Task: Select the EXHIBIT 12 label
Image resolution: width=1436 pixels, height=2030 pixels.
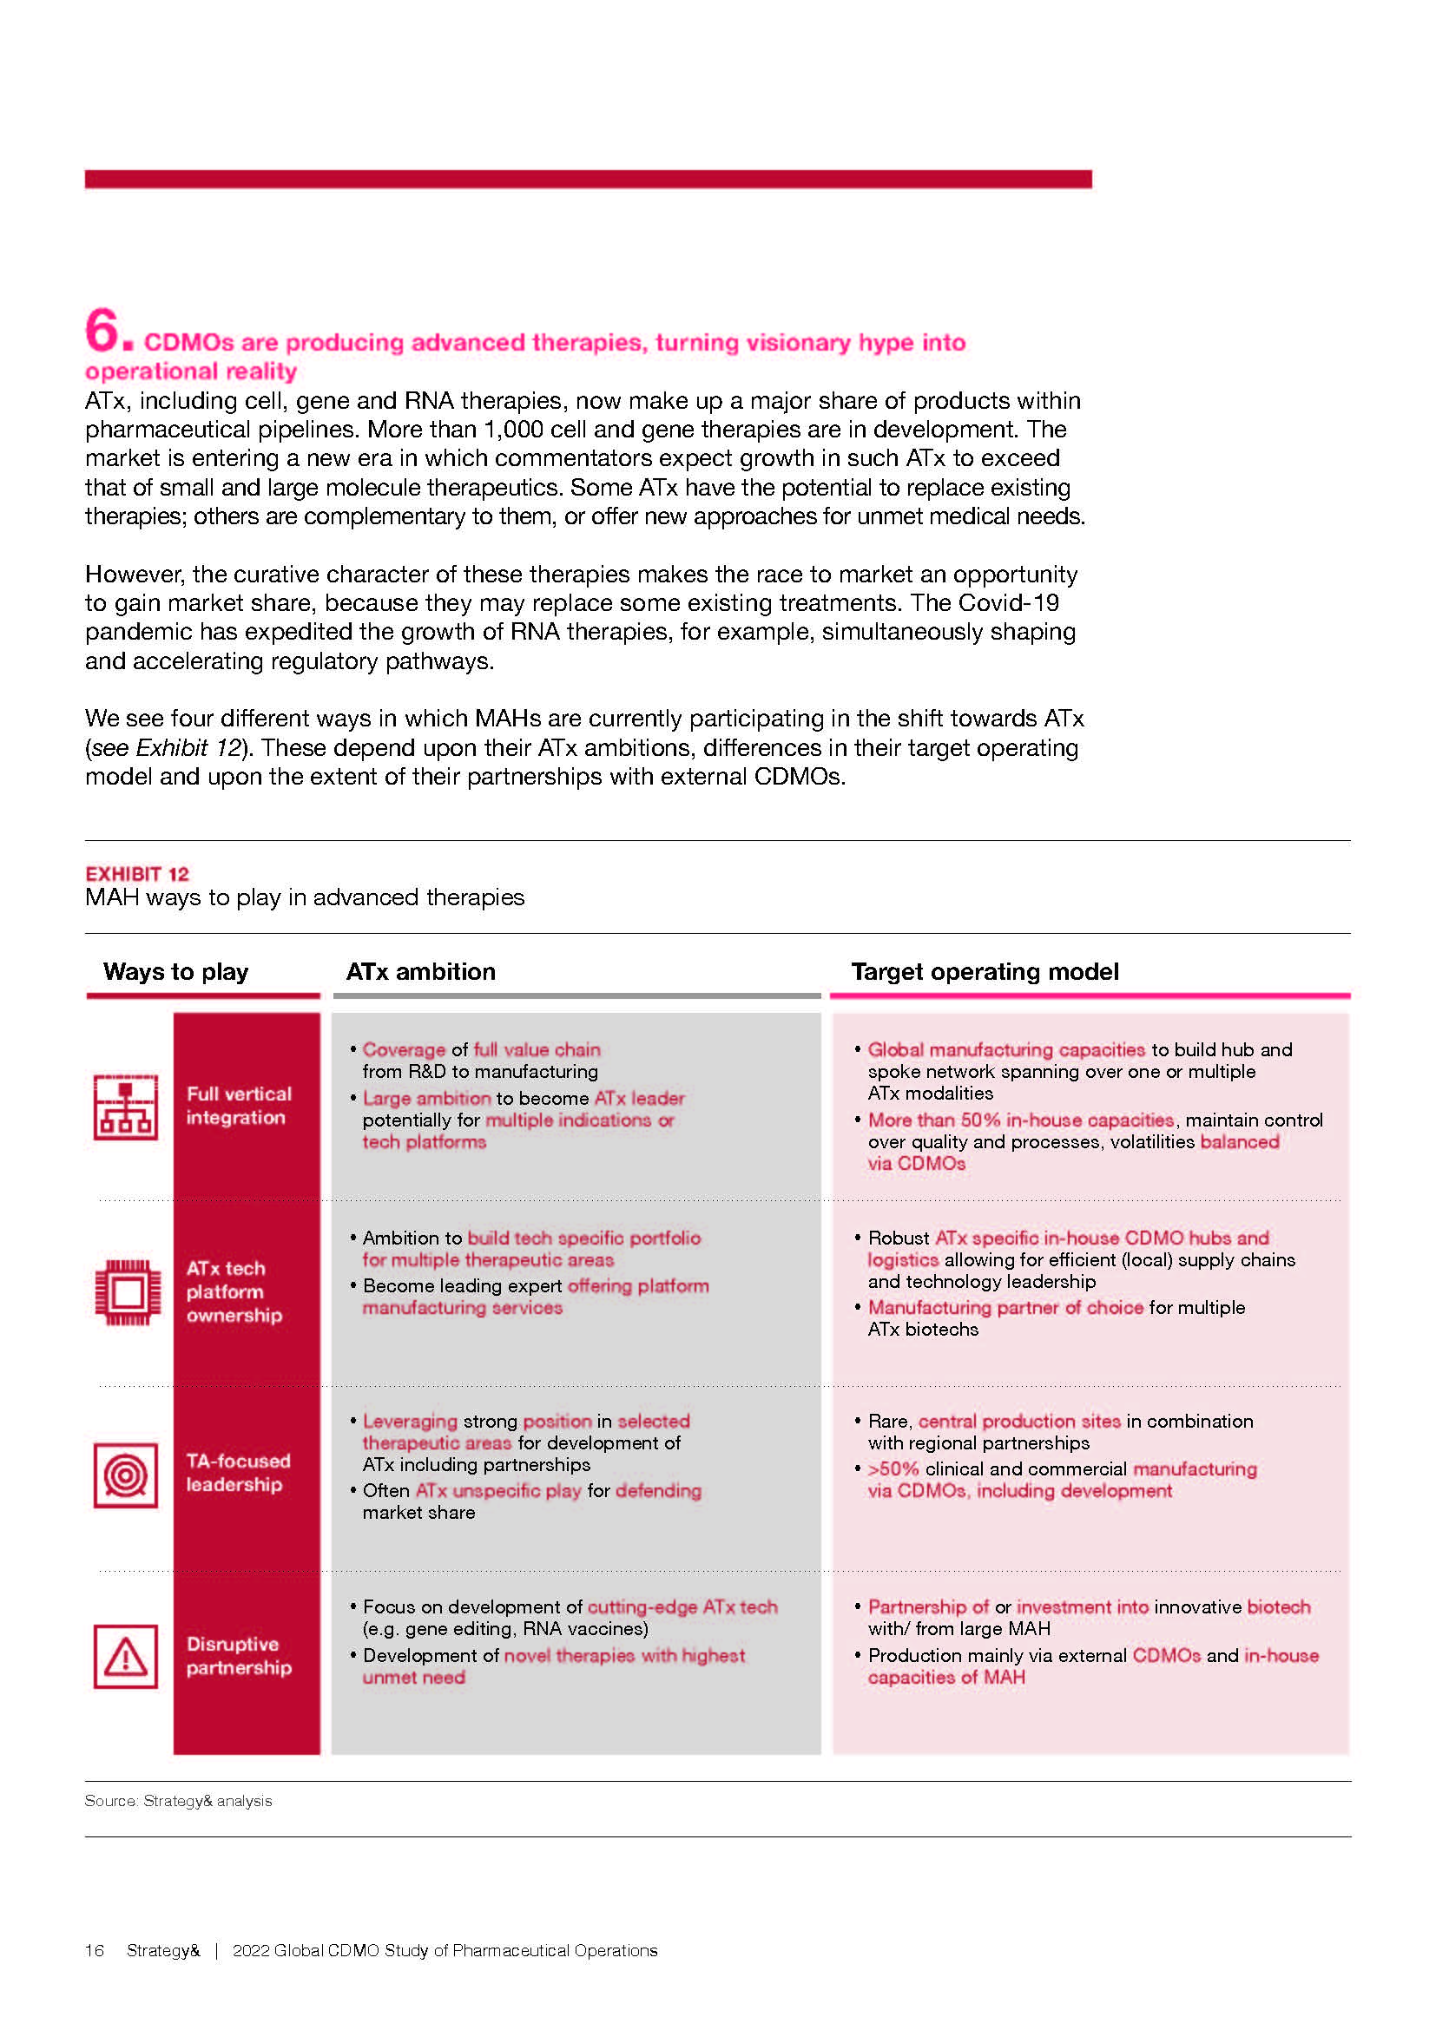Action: [x=137, y=874]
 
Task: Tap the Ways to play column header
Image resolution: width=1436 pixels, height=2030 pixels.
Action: [x=175, y=972]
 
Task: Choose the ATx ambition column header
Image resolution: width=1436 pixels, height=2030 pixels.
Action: [x=420, y=972]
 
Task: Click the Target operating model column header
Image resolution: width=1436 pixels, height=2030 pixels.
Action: [x=985, y=972]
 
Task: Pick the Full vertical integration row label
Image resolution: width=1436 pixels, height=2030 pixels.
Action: [x=238, y=1105]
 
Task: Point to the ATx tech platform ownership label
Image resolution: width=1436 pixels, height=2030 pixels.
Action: [x=234, y=1291]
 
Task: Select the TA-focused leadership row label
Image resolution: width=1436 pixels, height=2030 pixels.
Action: [x=238, y=1472]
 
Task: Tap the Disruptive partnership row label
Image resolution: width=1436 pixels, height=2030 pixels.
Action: [x=238, y=1655]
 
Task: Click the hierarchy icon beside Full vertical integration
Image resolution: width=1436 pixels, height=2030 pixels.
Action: [x=126, y=1107]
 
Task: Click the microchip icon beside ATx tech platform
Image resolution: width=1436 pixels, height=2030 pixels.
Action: [x=128, y=1292]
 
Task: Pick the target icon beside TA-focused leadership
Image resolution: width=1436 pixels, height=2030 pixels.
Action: [x=126, y=1475]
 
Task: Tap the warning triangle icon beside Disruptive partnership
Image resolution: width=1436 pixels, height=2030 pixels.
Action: [x=126, y=1656]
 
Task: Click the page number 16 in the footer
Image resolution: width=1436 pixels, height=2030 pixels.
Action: [x=94, y=1950]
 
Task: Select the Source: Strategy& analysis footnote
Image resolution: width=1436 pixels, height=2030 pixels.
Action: [x=178, y=1801]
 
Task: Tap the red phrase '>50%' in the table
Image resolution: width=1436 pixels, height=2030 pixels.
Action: [x=893, y=1468]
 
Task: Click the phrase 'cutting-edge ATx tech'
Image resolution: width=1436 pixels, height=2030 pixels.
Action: [x=682, y=1606]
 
